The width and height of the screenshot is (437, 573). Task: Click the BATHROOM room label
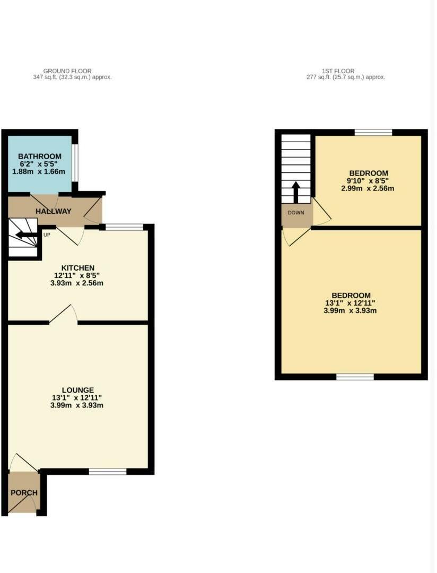click(40, 157)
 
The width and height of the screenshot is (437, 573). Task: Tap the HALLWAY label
click(53, 211)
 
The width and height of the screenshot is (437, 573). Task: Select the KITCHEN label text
click(78, 268)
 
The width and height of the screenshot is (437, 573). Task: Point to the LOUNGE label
click(77, 390)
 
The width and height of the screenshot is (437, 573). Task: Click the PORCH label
click(24, 493)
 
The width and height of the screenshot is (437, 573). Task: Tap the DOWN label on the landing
click(296, 213)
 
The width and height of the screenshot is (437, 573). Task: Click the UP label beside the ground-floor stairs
click(47, 235)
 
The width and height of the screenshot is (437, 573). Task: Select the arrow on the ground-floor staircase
click(24, 235)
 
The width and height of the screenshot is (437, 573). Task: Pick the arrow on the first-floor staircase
click(296, 193)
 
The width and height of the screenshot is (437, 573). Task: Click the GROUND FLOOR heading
click(67, 71)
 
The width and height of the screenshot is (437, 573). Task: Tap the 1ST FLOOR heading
click(338, 71)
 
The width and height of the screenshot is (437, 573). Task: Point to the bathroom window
click(75, 162)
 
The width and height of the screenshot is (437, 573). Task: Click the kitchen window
click(124, 227)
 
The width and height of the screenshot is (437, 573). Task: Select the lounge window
click(108, 471)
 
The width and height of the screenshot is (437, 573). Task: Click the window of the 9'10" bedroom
click(373, 132)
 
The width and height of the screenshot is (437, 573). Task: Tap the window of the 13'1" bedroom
click(355, 377)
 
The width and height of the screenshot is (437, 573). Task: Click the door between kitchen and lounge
click(64, 315)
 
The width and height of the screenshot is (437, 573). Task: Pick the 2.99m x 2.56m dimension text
click(368, 188)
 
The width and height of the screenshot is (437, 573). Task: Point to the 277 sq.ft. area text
click(345, 77)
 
